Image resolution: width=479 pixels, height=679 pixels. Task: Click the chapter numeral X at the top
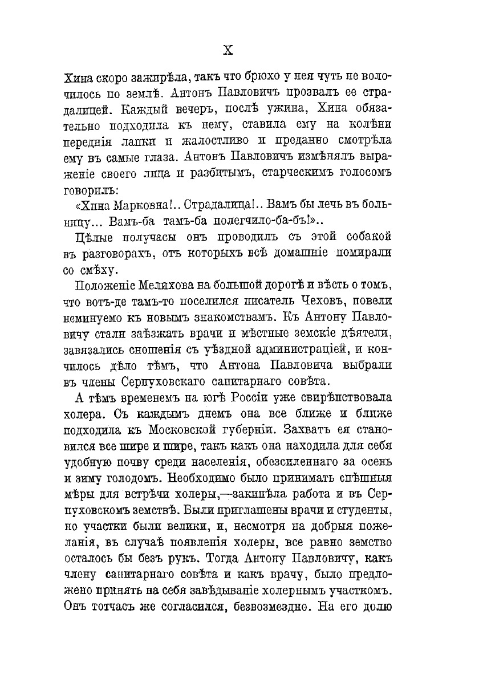[x=228, y=50]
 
